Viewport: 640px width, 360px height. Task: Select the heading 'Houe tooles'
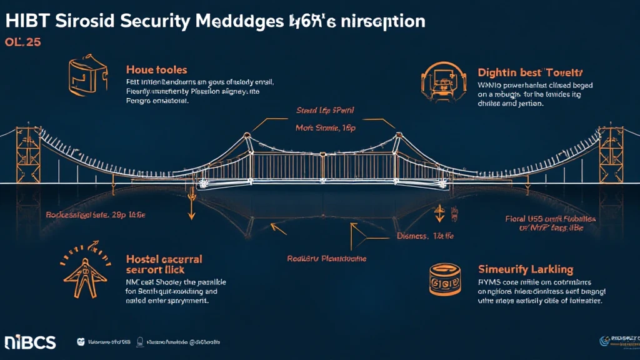(x=156, y=70)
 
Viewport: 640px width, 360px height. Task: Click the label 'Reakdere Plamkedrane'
(x=327, y=258)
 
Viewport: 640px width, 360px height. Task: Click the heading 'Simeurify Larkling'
(x=525, y=269)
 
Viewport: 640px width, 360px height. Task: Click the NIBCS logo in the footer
(x=30, y=342)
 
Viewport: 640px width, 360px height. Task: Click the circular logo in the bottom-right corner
(x=605, y=340)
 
